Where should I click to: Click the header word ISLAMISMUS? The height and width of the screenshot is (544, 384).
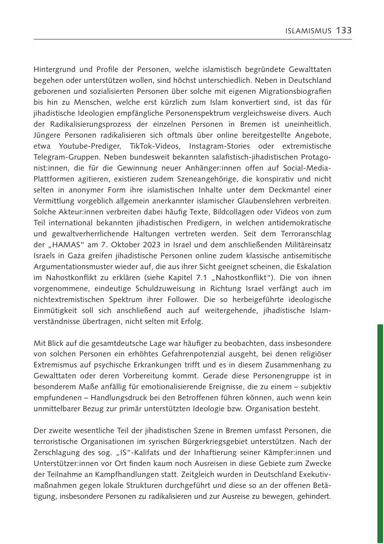(x=309, y=31)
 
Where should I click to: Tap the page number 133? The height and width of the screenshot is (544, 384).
(x=344, y=31)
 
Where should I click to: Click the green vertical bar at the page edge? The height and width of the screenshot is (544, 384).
(x=380, y=434)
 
